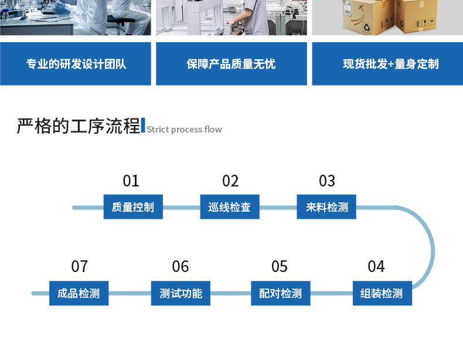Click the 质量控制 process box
(133, 207)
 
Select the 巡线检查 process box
(230, 207)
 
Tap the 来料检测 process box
(326, 207)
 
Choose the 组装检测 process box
(382, 293)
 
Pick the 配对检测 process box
(281, 293)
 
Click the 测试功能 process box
(181, 293)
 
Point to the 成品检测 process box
(79, 293)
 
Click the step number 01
(131, 181)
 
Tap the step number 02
(230, 181)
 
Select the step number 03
(327, 181)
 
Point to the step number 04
(376, 267)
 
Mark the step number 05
(280, 267)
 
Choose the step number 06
(181, 267)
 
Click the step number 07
(79, 267)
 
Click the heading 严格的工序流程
(79, 126)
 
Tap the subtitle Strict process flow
(184, 130)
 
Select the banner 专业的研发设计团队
(76, 64)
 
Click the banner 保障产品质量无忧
(231, 64)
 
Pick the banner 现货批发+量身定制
(387, 64)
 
